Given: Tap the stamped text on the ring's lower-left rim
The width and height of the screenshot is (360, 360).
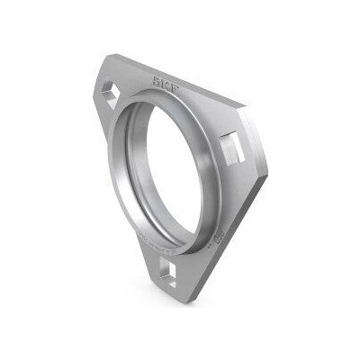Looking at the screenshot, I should [135, 238].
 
